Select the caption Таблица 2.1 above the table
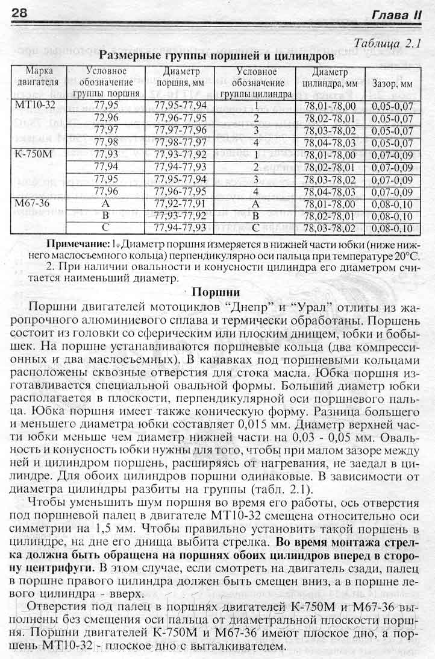click(x=388, y=43)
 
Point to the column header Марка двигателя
click(x=38, y=77)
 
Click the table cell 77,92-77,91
click(x=180, y=204)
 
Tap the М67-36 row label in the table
click(x=33, y=204)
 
